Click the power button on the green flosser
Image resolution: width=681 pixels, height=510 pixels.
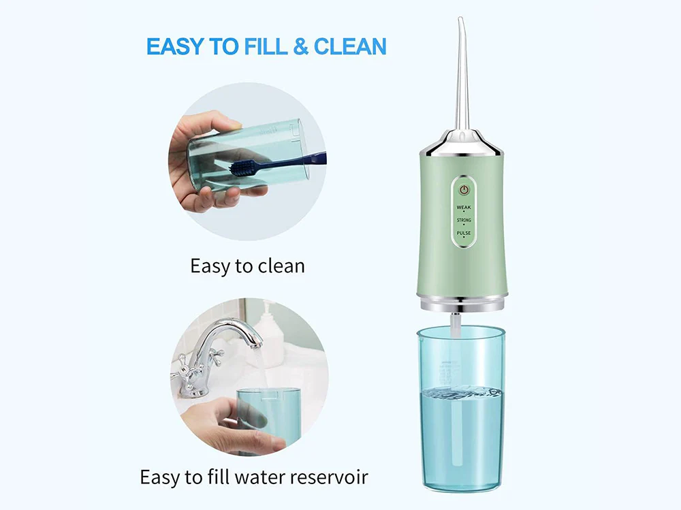tap(464, 190)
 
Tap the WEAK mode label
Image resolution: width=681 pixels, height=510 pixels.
tap(464, 207)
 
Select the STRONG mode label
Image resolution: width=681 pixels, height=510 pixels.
tap(464, 220)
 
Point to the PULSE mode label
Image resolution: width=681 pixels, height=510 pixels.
tap(464, 233)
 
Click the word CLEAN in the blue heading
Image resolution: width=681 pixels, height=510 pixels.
tap(350, 46)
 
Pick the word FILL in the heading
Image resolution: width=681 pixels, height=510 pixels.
tap(266, 46)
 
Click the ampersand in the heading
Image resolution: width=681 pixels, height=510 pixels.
tap(300, 46)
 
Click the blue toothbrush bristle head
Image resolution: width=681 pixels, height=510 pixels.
tap(244, 168)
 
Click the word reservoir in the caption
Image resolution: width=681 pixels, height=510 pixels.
tap(329, 477)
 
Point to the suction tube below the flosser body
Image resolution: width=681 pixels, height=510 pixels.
tap(455, 325)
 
